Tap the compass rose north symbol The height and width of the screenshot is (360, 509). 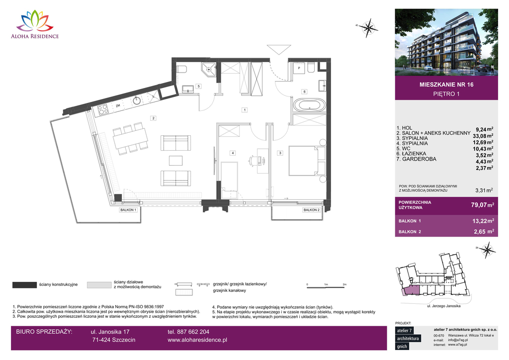click(x=368, y=26)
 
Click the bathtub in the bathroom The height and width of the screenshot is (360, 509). click(x=309, y=105)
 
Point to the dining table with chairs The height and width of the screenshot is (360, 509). click(x=130, y=139)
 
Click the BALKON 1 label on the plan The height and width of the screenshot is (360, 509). click(x=128, y=210)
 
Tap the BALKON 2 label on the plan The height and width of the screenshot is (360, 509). click(x=311, y=210)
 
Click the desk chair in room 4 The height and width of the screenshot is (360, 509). click(x=254, y=160)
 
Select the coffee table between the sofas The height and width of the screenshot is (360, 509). click(x=176, y=160)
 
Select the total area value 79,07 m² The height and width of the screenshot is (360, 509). click(x=481, y=204)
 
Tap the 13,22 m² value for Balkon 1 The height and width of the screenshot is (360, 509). click(x=481, y=221)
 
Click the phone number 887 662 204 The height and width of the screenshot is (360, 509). click(x=188, y=332)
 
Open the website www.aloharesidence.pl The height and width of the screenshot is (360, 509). click(x=197, y=340)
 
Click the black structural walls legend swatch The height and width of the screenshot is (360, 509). click(x=24, y=285)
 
